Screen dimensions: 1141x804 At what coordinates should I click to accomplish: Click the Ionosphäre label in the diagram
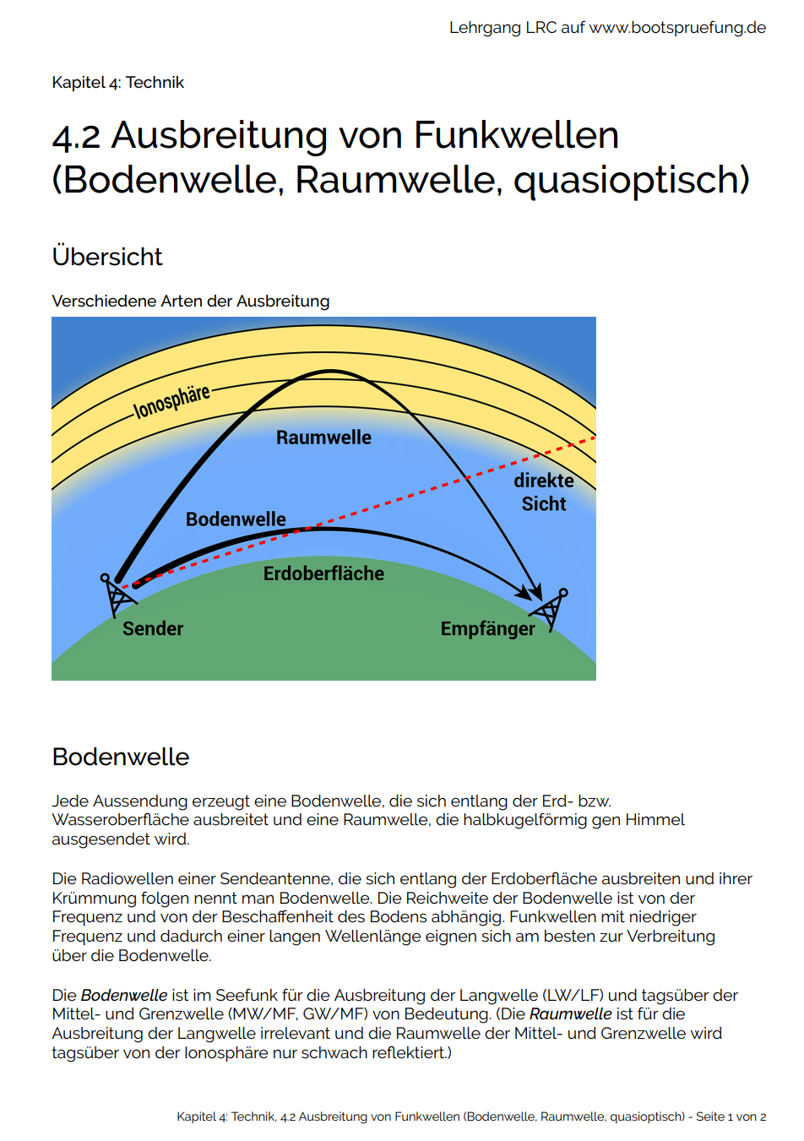coord(171,402)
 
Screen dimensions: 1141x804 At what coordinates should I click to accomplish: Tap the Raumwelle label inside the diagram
coord(323,437)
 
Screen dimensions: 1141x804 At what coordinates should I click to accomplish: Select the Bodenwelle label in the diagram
coord(236,519)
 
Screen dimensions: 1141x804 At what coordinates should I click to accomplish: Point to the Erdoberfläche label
coord(323,573)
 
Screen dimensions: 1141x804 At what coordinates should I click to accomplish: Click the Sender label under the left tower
coord(153,628)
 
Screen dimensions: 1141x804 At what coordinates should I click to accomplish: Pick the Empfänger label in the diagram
coord(487,629)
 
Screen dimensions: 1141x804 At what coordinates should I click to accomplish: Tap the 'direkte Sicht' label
coord(544,492)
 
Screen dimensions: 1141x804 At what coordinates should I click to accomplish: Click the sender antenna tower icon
coord(117,595)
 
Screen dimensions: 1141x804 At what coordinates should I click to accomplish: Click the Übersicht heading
coord(107,257)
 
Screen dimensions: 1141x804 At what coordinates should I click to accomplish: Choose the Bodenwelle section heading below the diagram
coord(121,757)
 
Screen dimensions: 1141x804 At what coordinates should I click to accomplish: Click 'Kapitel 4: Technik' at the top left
coord(117,83)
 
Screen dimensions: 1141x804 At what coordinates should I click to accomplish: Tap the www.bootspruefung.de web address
coord(677,28)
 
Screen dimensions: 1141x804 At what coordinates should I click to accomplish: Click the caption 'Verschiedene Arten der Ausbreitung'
coord(191,302)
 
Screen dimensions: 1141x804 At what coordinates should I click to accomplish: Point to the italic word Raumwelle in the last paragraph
coord(570,1014)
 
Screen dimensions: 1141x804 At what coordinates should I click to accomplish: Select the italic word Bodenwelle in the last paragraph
coord(123,995)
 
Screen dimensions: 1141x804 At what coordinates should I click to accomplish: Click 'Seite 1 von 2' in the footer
coord(731,1117)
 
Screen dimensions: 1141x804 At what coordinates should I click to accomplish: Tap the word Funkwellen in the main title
coord(516,135)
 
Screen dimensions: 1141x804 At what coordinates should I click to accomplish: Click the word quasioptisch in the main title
coord(631,180)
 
